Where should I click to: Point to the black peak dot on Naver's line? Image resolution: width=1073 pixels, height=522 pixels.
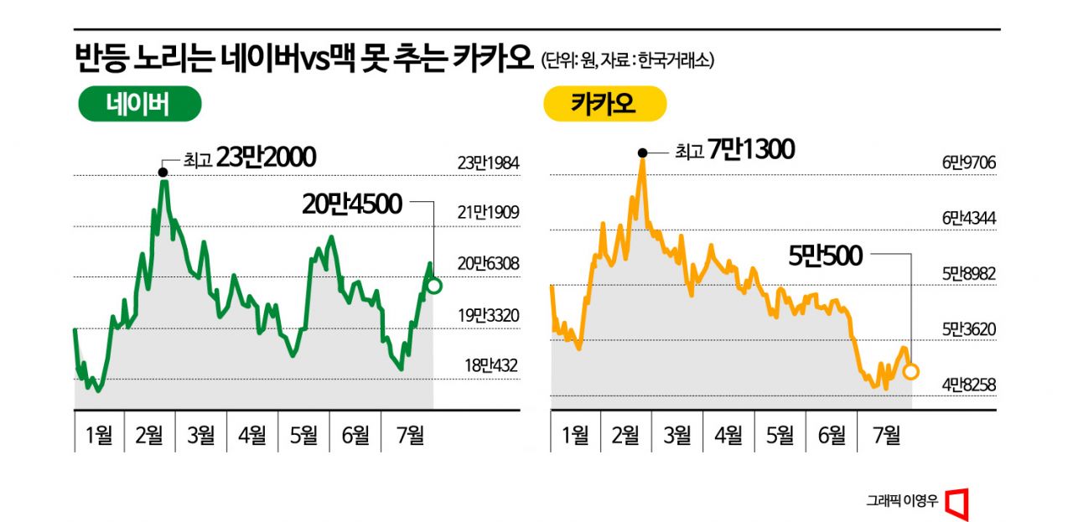click(x=163, y=173)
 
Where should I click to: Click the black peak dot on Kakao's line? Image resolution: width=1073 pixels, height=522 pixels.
click(x=642, y=152)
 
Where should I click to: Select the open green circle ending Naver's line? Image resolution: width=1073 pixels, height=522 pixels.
click(x=433, y=286)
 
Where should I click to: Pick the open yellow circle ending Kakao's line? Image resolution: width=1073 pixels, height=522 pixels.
click(x=911, y=371)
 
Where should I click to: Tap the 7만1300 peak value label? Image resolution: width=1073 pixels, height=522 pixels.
click(x=749, y=151)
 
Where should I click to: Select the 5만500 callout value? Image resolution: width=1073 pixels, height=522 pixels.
click(x=827, y=256)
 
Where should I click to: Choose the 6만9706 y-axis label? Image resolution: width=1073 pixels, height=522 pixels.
click(x=967, y=163)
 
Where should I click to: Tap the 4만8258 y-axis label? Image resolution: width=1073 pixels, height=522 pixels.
click(x=967, y=385)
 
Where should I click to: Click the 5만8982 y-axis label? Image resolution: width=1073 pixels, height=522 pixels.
click(x=967, y=274)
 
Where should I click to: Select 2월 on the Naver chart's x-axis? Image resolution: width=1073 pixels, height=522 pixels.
click(x=150, y=435)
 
